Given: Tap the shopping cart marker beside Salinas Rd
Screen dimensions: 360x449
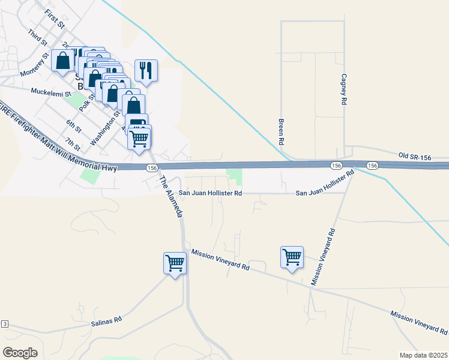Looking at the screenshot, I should pyautogui.click(x=175, y=263).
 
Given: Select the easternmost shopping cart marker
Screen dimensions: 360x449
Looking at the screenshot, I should pyautogui.click(x=292, y=257).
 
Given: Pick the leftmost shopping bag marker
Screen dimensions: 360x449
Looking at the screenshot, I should pyautogui.click(x=63, y=61).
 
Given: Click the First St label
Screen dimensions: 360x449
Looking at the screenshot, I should pyautogui.click(x=55, y=18).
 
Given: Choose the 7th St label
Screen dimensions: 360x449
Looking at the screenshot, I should pyautogui.click(x=73, y=144).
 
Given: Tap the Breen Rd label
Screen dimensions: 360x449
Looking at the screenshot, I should pyautogui.click(x=280, y=131).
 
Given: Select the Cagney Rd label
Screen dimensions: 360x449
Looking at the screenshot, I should pyautogui.click(x=344, y=89).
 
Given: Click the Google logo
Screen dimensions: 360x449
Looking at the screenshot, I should pyautogui.click(x=20, y=352).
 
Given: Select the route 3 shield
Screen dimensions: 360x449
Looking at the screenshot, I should pyautogui.click(x=5, y=324).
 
